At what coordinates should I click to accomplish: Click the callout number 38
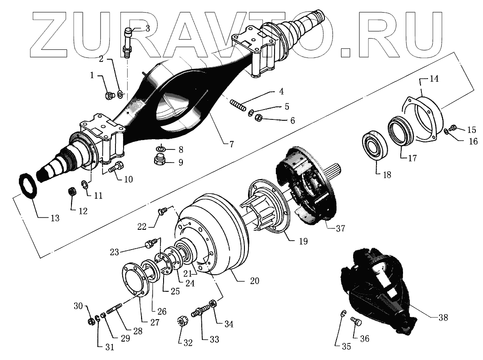(x=443, y=317)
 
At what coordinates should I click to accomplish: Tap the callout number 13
(x=54, y=219)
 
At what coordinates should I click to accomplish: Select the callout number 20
(x=254, y=281)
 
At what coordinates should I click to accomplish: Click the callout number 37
(x=340, y=228)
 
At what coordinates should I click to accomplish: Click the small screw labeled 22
(x=162, y=210)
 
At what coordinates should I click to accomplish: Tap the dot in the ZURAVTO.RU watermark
(x=345, y=52)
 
